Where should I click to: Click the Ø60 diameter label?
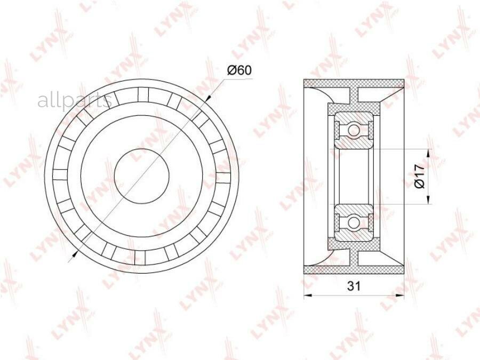(x=239, y=71)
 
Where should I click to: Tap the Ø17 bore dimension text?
(x=419, y=176)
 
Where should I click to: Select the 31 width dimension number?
(x=354, y=286)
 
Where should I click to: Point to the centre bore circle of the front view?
(x=142, y=175)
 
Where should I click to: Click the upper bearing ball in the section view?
(x=354, y=130)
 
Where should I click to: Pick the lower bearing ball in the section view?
(x=354, y=222)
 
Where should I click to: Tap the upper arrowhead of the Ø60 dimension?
(x=208, y=98)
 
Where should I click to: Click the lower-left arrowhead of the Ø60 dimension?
(x=74, y=253)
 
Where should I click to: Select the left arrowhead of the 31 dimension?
(x=308, y=295)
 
